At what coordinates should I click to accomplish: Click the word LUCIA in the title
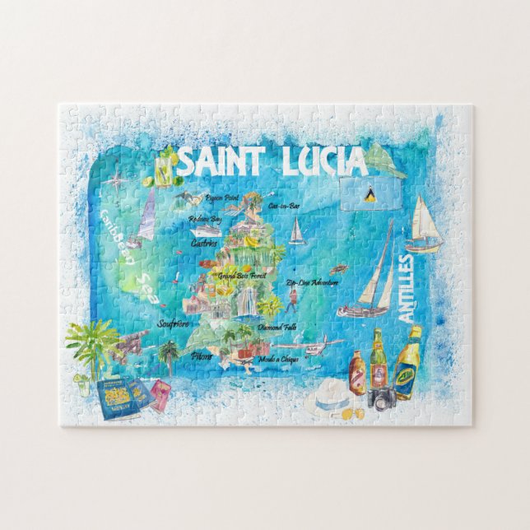pos(308,160)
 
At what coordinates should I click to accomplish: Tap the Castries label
pos(204,244)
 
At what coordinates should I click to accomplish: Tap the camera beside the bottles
pos(382,399)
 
